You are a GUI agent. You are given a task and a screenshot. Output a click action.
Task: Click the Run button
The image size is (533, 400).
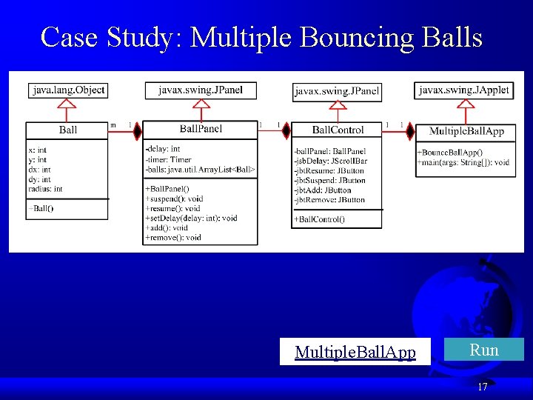(x=484, y=350)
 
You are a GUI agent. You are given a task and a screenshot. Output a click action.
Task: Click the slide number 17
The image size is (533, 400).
(x=482, y=387)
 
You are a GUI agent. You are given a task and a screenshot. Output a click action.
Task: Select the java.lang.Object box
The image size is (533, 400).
(x=68, y=90)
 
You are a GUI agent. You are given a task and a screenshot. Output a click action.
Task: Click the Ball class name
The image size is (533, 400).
(x=68, y=130)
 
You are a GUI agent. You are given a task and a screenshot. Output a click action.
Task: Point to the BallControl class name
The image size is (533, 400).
(x=338, y=130)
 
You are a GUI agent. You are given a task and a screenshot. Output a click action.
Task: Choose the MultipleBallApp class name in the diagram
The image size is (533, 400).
(x=466, y=131)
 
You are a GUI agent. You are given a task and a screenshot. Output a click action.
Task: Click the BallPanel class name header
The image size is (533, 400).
(x=201, y=129)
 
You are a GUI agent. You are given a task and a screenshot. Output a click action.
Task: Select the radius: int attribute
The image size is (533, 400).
(x=45, y=189)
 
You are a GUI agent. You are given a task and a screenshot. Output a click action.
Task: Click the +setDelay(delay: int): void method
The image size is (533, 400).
(x=192, y=218)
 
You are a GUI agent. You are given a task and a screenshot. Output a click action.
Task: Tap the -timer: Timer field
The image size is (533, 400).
(x=169, y=159)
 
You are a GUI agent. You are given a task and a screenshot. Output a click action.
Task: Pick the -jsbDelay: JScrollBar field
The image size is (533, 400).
(x=330, y=161)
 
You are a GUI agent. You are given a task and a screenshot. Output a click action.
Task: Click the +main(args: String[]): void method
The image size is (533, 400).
(x=463, y=162)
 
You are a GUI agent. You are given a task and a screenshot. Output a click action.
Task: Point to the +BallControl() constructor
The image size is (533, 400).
(x=319, y=219)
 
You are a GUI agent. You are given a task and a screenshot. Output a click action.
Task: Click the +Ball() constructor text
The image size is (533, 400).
(x=41, y=208)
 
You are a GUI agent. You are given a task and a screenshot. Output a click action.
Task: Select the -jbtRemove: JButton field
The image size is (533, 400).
(x=329, y=200)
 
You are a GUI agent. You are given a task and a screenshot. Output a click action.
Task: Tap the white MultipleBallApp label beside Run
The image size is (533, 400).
(x=355, y=351)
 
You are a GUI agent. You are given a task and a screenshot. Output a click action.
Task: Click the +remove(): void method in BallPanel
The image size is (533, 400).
(x=173, y=238)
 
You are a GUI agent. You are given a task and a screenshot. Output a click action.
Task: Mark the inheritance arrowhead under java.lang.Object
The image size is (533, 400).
(x=68, y=104)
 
